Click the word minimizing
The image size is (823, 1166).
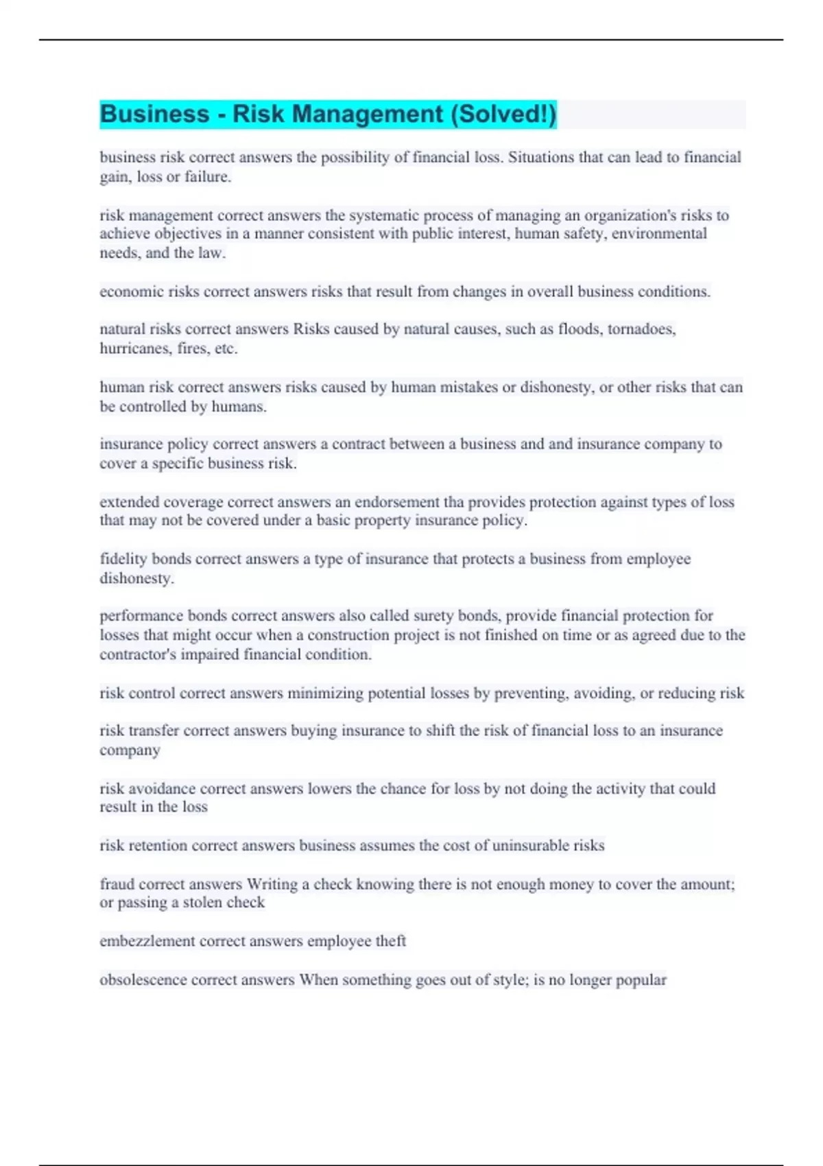coord(325,693)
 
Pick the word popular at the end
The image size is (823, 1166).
coord(641,979)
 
